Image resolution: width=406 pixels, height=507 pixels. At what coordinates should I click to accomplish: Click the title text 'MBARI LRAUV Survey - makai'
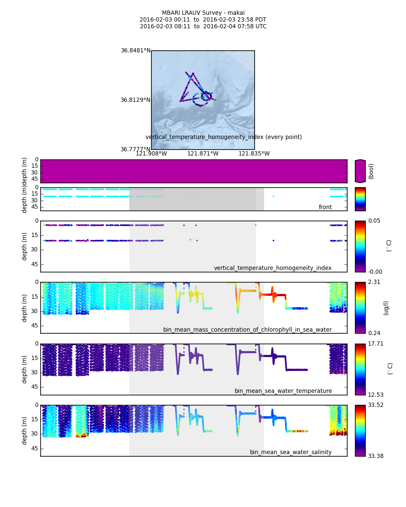coord(203,13)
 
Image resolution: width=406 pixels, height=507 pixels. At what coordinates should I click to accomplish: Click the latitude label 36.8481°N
coord(135,51)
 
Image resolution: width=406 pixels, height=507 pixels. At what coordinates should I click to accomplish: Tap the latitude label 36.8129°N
coord(135,100)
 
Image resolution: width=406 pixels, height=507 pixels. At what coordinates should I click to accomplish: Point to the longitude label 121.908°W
coord(151,154)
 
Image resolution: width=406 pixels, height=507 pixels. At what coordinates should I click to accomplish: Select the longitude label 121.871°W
coord(203,154)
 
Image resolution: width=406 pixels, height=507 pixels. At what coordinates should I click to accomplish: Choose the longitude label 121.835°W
coord(254,154)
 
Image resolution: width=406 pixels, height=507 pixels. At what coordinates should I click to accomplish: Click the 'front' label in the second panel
coord(325,207)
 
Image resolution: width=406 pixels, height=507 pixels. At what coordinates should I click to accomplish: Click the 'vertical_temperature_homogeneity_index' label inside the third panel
coord(272,268)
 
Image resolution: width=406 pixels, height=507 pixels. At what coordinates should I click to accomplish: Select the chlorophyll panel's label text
coord(247,330)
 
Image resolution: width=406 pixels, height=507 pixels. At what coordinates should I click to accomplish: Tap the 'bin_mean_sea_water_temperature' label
coord(283,391)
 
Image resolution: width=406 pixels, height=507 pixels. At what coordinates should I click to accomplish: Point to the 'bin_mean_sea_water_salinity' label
coord(291,452)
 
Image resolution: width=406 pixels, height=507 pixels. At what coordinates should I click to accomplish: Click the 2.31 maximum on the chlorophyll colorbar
coord(374,282)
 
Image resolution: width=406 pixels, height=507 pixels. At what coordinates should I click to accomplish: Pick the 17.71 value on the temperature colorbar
coord(376,344)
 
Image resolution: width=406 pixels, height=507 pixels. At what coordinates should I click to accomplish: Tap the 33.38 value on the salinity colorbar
coord(376,456)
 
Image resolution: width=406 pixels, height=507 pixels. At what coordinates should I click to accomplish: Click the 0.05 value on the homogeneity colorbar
coord(374,221)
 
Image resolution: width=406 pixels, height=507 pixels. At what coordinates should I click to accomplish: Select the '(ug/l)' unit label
coord(386,308)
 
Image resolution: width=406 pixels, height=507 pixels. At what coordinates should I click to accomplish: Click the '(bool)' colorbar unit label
coord(371,171)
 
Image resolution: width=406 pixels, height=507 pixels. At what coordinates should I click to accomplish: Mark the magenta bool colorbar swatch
coord(360,171)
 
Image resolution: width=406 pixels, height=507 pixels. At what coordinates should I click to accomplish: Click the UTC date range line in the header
coord(203,27)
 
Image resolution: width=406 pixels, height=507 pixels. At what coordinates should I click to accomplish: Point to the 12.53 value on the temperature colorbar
coord(376,395)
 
